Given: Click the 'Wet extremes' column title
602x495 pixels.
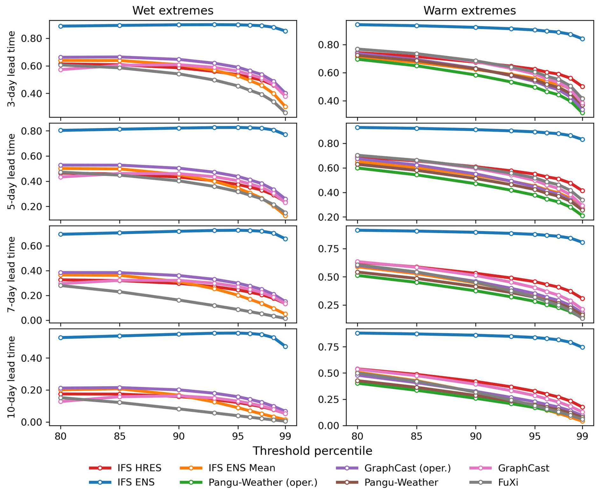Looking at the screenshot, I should (173, 10).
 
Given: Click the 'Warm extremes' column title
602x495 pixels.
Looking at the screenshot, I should (469, 10).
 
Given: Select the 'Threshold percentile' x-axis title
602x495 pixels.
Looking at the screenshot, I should (312, 451).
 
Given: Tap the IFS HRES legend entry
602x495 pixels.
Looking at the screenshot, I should (125, 468).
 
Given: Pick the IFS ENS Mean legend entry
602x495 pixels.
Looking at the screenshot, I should (227, 468).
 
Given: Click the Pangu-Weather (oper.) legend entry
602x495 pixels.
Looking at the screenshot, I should (248, 482).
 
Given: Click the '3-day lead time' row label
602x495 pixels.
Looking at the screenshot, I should (11, 69).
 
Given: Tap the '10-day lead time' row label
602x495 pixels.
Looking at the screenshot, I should (11, 377).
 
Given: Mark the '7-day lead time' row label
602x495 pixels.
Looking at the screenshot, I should (11, 274).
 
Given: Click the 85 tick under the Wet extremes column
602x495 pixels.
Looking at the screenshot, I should (120, 436).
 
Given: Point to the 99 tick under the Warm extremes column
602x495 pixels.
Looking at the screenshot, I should (583, 436).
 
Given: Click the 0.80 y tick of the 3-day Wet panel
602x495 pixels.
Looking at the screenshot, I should (31, 38).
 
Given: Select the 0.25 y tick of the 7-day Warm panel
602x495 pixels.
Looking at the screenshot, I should (328, 305).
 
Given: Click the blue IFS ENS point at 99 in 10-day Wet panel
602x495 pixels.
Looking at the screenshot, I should (285, 347).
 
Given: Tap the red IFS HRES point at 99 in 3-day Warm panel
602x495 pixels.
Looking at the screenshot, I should (583, 86).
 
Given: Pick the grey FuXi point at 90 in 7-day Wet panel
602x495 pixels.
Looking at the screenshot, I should (179, 300).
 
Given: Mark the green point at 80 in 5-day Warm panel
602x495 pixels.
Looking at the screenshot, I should (357, 168).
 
